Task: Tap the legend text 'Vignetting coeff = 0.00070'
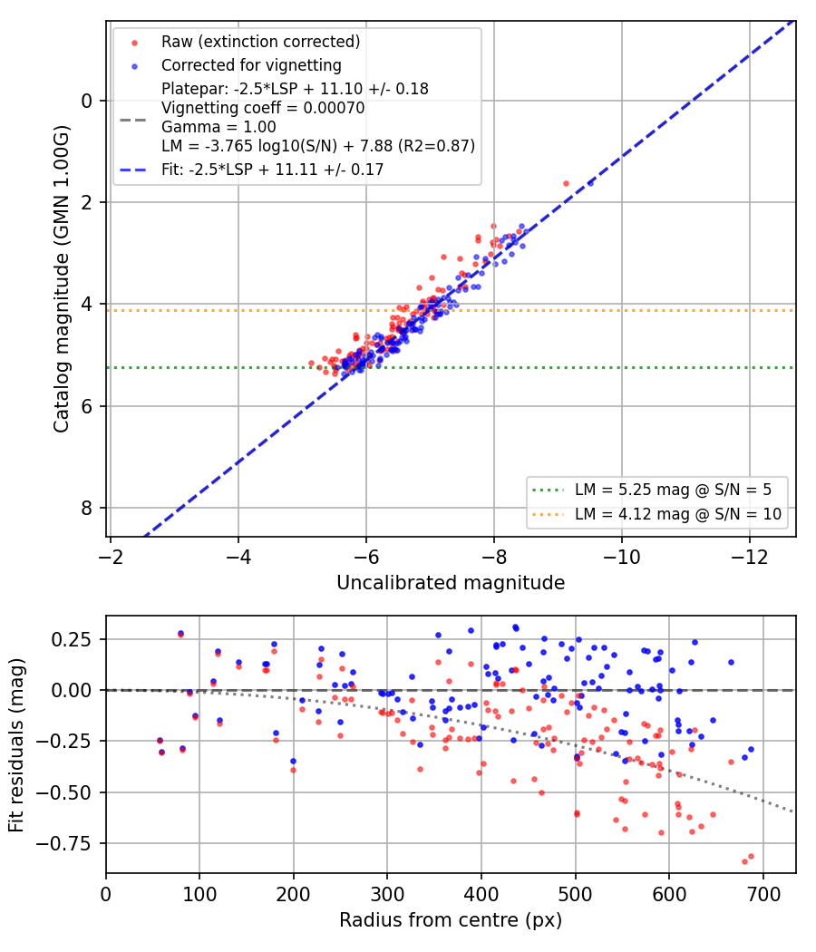(x=263, y=108)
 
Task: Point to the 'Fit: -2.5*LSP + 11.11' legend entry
(x=273, y=170)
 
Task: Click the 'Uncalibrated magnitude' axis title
(x=451, y=583)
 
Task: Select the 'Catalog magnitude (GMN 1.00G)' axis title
(x=61, y=279)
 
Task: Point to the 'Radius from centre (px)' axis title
(x=451, y=920)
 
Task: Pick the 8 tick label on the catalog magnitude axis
(x=87, y=508)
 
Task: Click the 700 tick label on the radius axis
(x=763, y=894)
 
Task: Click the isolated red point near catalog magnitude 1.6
(x=566, y=183)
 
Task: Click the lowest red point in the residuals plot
(x=744, y=861)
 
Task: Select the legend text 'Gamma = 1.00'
(x=219, y=127)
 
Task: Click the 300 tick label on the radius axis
(x=387, y=894)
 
